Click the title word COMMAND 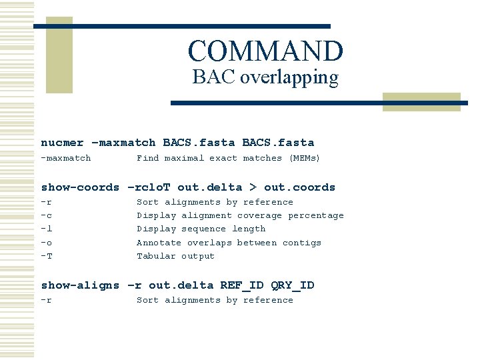(265, 51)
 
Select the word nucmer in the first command (62, 143)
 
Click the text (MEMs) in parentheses (304, 158)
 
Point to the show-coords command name (80, 187)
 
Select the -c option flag (47, 215)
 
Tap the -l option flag (47, 229)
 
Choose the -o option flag (47, 243)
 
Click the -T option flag (47, 256)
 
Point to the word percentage (315, 215)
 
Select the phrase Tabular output (175, 256)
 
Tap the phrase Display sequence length (201, 229)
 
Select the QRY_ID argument (293, 285)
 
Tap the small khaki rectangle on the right (421, 101)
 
